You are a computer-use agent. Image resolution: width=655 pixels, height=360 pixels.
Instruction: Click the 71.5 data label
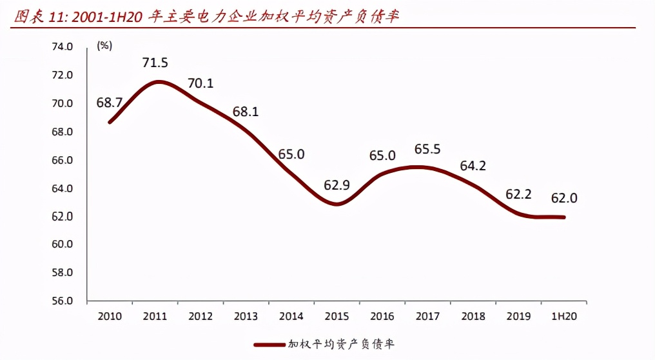[155, 63]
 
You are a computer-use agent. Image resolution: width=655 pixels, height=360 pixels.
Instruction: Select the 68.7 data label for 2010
[110, 103]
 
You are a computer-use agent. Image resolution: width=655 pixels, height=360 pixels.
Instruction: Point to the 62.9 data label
[337, 186]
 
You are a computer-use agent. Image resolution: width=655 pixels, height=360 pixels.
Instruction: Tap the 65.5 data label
[427, 149]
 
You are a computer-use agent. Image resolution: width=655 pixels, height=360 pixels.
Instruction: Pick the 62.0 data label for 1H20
[564, 198]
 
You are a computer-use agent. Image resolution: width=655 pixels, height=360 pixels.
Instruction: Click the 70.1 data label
[200, 83]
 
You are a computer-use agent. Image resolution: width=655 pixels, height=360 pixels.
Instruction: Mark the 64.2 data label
[473, 166]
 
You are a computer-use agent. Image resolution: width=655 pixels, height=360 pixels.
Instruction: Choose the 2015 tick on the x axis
[337, 317]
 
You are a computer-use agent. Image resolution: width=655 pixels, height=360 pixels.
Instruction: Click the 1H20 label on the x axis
[565, 317]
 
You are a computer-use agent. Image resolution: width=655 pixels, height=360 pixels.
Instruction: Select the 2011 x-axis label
[155, 317]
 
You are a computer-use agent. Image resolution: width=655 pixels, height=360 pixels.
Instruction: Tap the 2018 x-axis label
[473, 317]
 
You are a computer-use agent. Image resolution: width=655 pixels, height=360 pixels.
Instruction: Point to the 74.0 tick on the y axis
[62, 47]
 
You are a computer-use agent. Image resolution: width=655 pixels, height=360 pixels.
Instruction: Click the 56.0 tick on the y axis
[62, 301]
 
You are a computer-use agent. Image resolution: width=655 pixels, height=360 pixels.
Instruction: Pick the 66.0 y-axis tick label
[62, 161]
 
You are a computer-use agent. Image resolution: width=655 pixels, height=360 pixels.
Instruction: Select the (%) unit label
[104, 45]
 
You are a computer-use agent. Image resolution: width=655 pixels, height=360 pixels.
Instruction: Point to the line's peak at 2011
[157, 82]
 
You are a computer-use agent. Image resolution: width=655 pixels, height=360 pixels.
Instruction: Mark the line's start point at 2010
[110, 121]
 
